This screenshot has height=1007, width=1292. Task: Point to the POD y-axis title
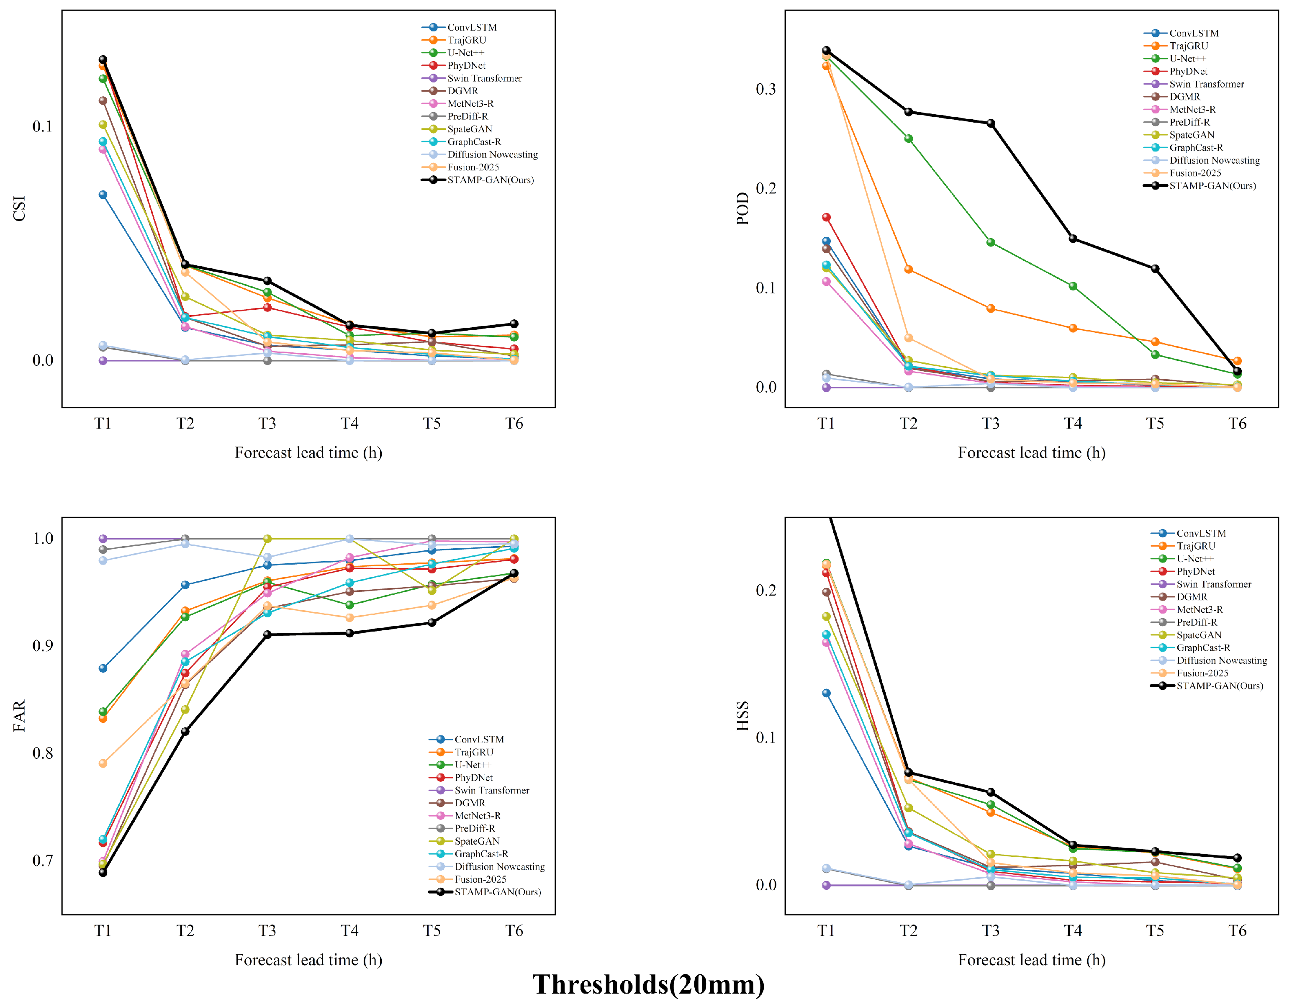(x=742, y=208)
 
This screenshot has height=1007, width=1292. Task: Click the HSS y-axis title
(x=742, y=716)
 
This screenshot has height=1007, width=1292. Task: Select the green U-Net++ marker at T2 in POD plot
(x=909, y=139)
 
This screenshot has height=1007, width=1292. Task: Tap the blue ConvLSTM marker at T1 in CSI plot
(x=103, y=195)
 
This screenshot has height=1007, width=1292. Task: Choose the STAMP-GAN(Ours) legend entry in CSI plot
(x=478, y=180)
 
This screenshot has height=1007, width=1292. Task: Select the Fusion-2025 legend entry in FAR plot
(x=468, y=879)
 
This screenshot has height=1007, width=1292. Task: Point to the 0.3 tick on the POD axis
(x=766, y=89)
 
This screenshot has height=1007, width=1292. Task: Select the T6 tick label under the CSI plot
(x=514, y=424)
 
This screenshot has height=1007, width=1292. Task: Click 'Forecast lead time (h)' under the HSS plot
(x=1032, y=960)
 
